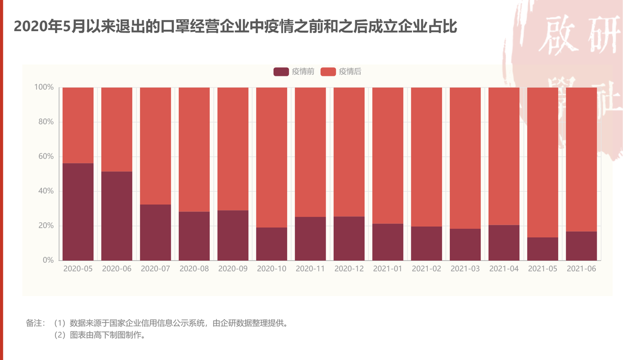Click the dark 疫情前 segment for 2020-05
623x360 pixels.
78,212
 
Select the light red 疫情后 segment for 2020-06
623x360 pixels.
117,129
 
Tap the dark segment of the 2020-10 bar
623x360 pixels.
272,244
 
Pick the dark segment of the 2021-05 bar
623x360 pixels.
543,249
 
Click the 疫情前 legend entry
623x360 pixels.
294,72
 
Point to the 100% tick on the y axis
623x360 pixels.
44,87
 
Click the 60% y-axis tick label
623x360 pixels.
46,156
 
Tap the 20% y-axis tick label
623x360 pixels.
46,225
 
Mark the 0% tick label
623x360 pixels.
48,260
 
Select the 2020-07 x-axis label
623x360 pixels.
155,269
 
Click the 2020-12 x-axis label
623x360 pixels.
349,269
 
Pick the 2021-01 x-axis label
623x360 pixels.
387,269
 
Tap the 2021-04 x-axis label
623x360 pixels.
504,269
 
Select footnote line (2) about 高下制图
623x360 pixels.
100,335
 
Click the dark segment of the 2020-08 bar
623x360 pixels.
194,236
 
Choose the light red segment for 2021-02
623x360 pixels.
426,157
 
